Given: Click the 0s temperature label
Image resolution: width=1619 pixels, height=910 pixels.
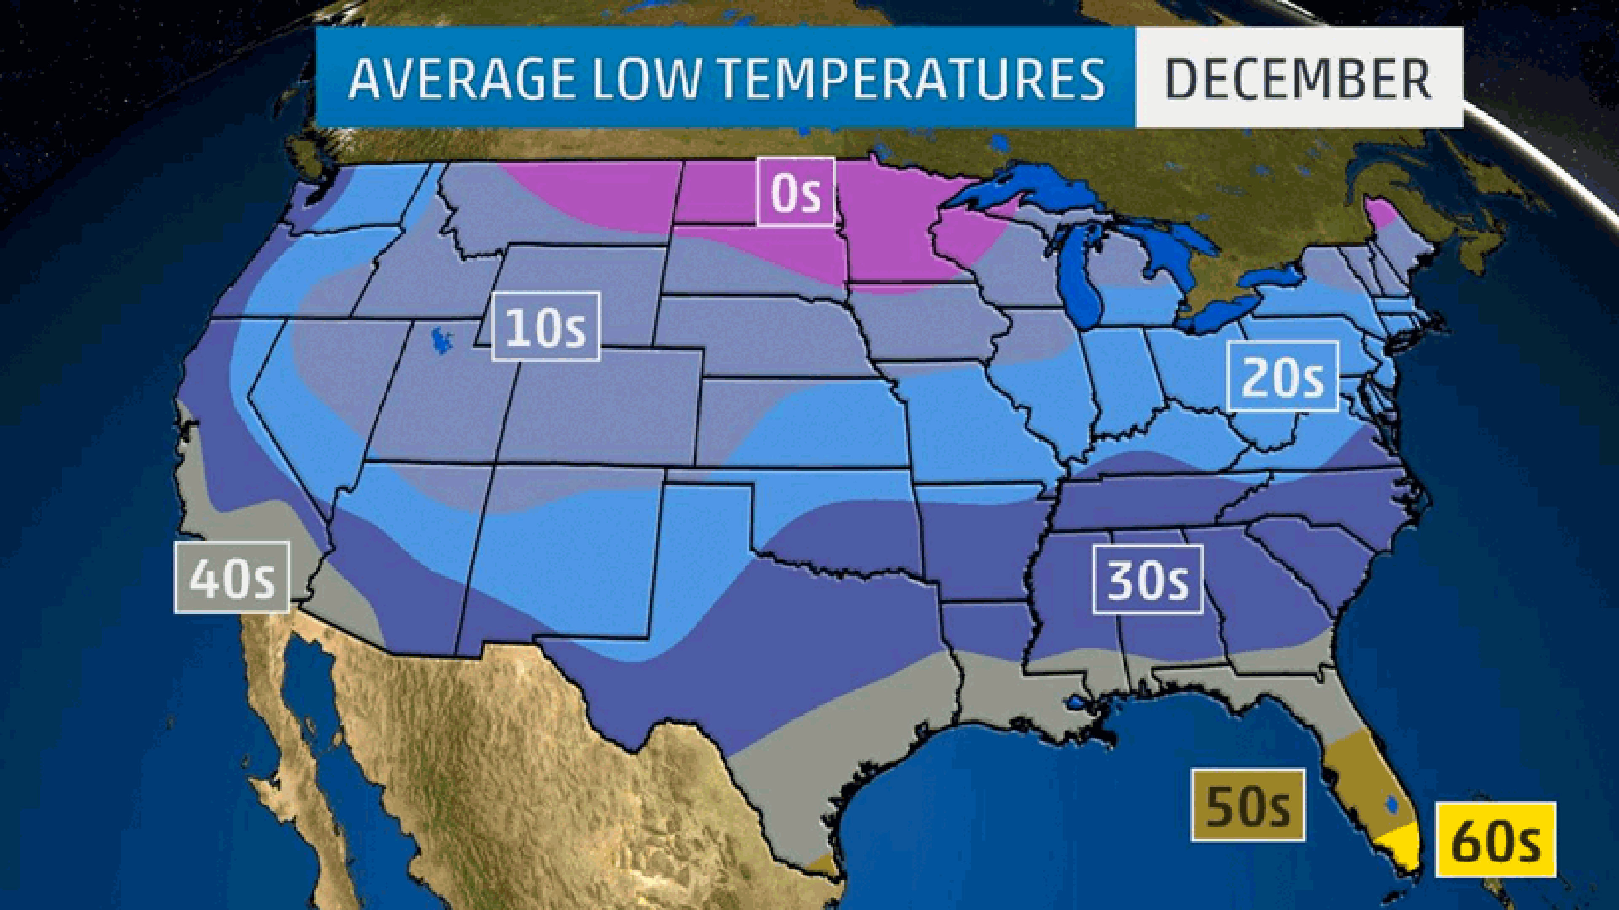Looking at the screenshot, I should point(795,192).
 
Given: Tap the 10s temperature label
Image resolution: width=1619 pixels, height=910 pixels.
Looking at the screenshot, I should point(546,327).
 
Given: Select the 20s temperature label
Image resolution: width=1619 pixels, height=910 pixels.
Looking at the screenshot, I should point(1282,376).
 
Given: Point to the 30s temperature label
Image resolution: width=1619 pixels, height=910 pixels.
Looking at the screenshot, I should point(1148,579).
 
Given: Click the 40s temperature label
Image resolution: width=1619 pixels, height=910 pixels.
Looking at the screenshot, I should point(231,577).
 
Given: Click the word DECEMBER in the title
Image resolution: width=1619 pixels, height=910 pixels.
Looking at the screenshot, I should point(1299,78).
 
